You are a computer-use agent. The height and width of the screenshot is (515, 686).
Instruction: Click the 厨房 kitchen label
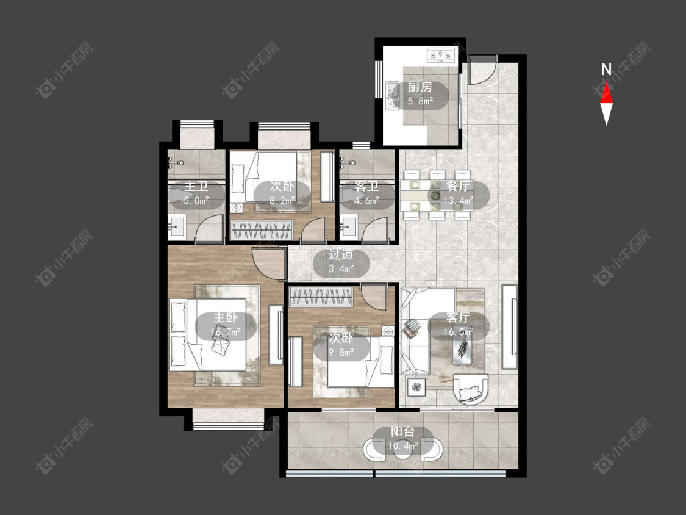point(420,87)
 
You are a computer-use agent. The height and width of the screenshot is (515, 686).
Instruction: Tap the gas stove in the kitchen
point(441,55)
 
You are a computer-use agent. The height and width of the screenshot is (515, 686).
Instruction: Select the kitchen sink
point(393,95)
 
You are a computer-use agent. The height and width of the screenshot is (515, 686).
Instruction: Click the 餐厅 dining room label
point(458,186)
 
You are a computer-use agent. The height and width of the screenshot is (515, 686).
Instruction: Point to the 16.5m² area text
point(458,332)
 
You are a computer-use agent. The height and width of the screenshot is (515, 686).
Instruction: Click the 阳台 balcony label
point(402,432)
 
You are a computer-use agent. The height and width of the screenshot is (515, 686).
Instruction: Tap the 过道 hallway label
point(341,254)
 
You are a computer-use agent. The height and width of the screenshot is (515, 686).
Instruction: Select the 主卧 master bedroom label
point(225,317)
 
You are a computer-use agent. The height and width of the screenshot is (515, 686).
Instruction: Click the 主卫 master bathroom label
point(196,186)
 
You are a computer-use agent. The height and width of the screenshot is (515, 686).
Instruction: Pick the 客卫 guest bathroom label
point(366,186)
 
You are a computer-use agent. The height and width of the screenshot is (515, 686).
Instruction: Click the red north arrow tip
point(606,83)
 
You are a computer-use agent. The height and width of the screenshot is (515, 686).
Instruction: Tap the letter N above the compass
point(606,70)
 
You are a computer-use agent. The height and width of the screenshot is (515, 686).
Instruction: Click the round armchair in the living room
point(471,388)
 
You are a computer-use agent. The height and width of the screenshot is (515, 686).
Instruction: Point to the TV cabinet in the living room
point(509,326)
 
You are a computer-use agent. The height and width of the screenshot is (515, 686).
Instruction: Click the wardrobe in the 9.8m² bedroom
point(321,297)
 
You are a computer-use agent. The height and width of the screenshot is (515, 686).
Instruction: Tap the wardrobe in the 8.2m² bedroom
point(262,231)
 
